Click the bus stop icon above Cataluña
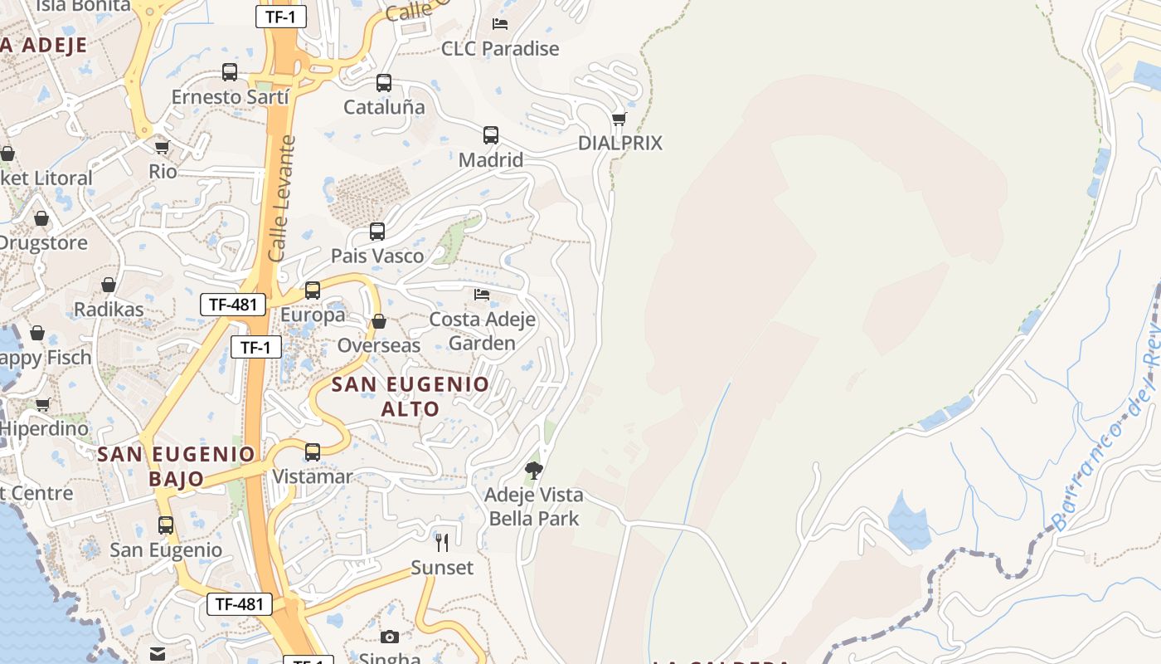pyautogui.click(x=383, y=83)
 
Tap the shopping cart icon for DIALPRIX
pyautogui.click(x=619, y=119)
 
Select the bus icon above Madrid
pyautogui.click(x=491, y=135)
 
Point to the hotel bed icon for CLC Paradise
pyautogui.click(x=500, y=24)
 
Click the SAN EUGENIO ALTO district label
pyautogui.click(x=410, y=397)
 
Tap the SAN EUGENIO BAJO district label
pyautogui.click(x=177, y=466)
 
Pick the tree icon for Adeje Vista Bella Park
pyautogui.click(x=534, y=471)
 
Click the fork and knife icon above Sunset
pyautogui.click(x=442, y=543)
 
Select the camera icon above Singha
pyautogui.click(x=390, y=637)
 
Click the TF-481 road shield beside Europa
pyautogui.click(x=233, y=305)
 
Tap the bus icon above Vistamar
pyautogui.click(x=313, y=452)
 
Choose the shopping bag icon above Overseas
pyautogui.click(x=379, y=321)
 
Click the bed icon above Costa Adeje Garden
pyautogui.click(x=482, y=295)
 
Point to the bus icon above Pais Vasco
pyautogui.click(x=377, y=232)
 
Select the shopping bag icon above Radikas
pyautogui.click(x=109, y=285)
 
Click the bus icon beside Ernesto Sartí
pyautogui.click(x=230, y=72)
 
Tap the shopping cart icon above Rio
pyautogui.click(x=163, y=147)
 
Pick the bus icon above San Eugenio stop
pyautogui.click(x=166, y=525)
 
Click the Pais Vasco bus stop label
pyautogui.click(x=377, y=256)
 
